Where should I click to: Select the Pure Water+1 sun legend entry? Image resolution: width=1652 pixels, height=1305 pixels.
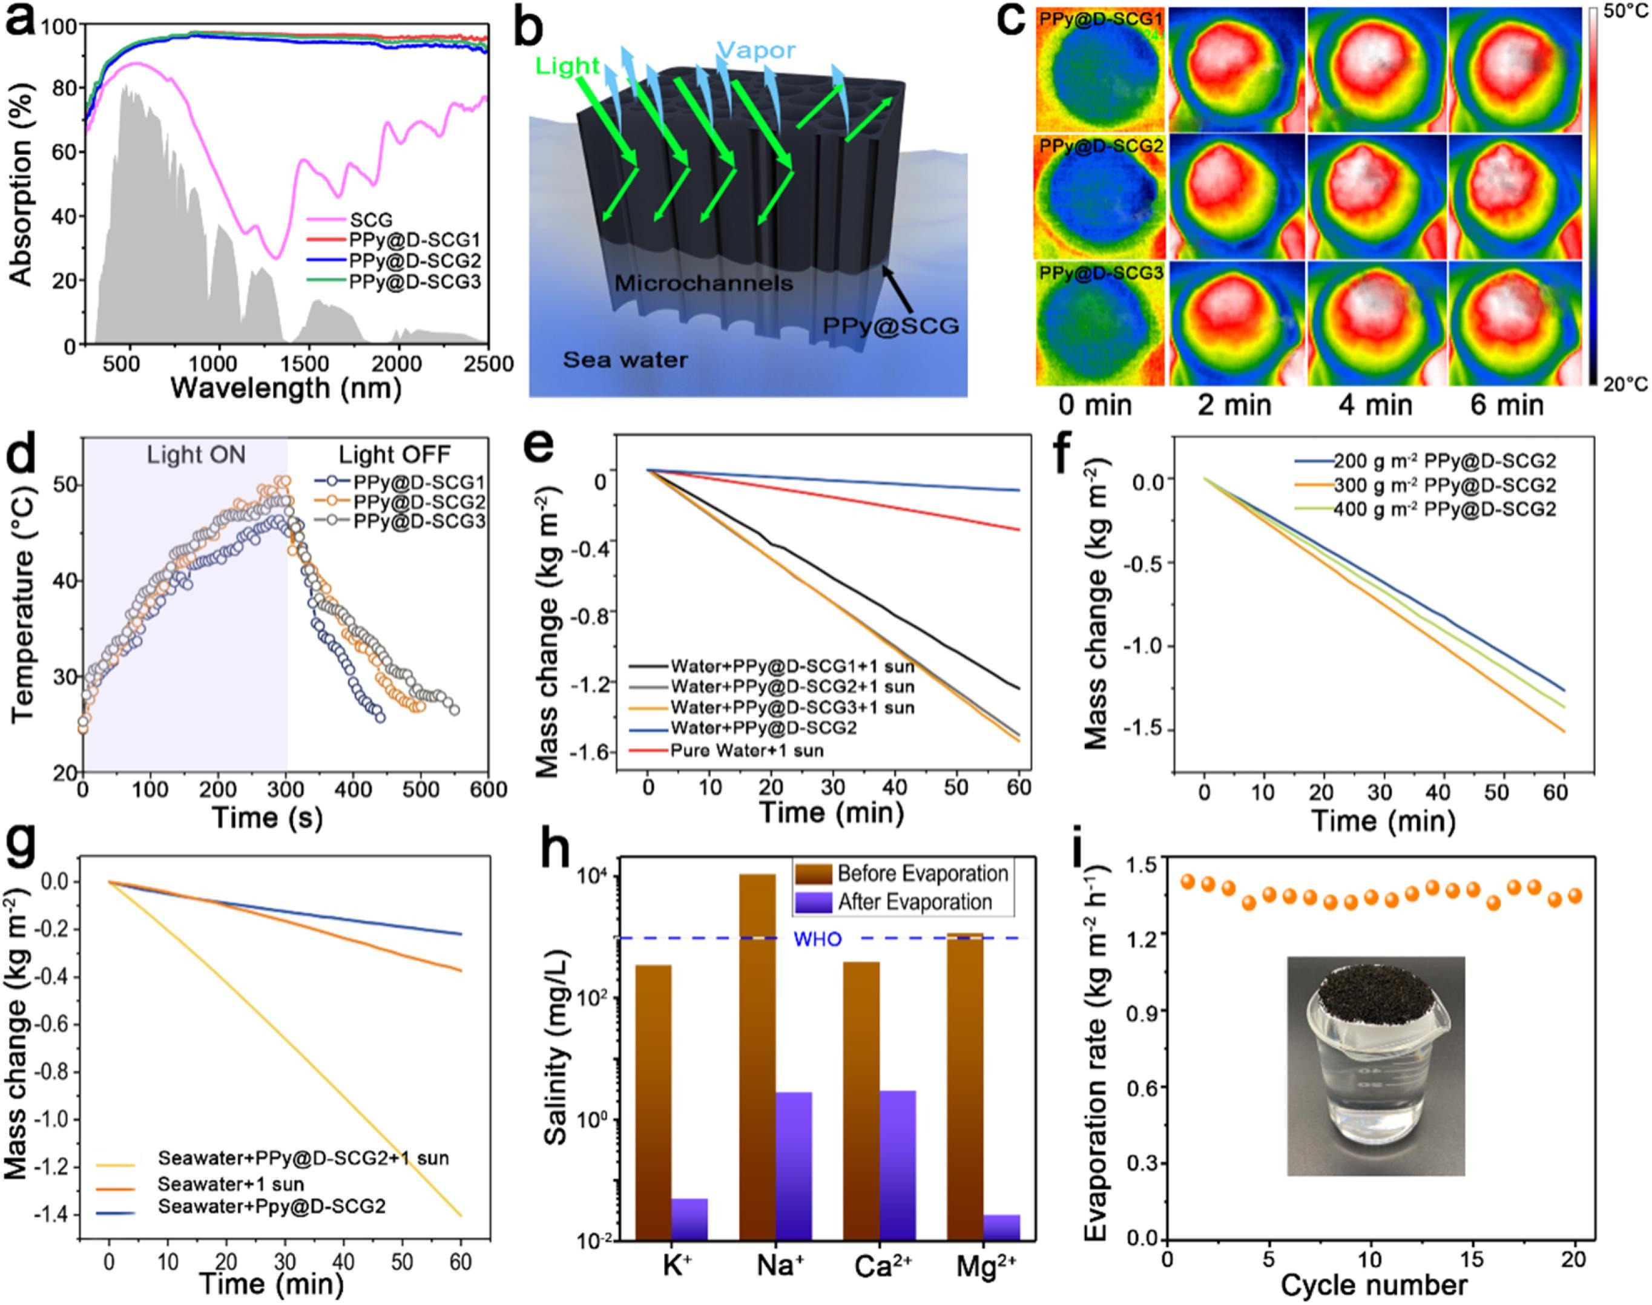point(746,751)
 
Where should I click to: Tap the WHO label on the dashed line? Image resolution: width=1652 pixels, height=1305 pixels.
point(818,939)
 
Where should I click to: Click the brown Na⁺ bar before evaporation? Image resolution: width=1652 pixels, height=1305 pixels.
point(757,1070)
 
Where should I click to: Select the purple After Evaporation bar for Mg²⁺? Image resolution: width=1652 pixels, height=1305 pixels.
point(1001,1226)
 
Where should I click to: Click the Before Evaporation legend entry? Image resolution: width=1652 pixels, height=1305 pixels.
point(923,873)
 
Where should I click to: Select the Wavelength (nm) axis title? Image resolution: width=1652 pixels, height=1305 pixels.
point(286,389)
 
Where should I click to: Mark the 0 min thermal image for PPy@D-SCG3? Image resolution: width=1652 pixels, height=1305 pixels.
point(1101,323)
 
